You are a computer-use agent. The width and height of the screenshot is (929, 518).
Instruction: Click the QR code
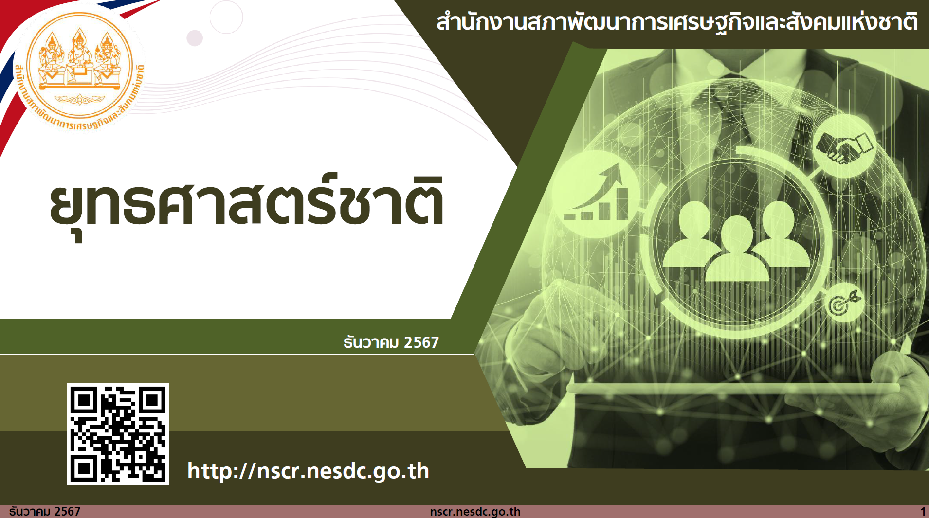(118, 434)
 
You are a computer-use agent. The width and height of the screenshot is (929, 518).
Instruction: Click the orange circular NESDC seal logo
(79, 66)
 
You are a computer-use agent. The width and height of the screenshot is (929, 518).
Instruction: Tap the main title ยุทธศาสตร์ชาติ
(247, 204)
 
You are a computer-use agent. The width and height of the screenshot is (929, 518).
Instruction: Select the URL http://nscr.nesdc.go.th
(308, 471)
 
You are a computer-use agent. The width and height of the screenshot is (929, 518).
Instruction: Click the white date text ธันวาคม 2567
(391, 342)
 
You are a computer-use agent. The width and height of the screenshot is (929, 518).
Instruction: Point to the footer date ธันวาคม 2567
(45, 511)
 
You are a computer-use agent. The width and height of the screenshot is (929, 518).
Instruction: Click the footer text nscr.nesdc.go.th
(475, 512)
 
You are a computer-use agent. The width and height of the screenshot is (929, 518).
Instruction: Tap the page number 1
(923, 512)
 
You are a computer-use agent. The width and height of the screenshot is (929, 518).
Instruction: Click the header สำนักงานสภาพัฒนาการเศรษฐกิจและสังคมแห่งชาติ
(677, 22)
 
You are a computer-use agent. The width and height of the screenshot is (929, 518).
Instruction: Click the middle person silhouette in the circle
(737, 250)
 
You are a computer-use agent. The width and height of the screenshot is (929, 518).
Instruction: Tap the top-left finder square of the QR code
(84, 400)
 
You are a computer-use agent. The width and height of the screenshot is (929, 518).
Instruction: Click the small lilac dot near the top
(195, 38)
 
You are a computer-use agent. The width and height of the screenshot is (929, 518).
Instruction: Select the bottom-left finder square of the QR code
(84, 468)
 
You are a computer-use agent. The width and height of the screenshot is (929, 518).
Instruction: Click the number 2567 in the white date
(421, 342)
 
